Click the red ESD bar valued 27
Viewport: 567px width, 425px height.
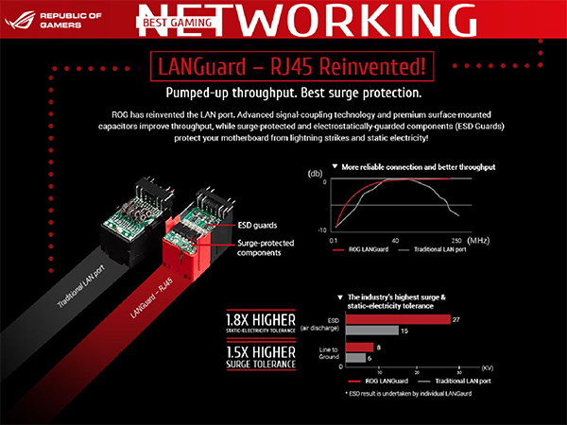[398, 319]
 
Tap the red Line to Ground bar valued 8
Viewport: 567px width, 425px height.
[360, 348]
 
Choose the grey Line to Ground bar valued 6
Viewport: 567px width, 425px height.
[355, 358]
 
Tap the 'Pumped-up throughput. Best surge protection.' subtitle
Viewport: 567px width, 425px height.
[283, 96]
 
